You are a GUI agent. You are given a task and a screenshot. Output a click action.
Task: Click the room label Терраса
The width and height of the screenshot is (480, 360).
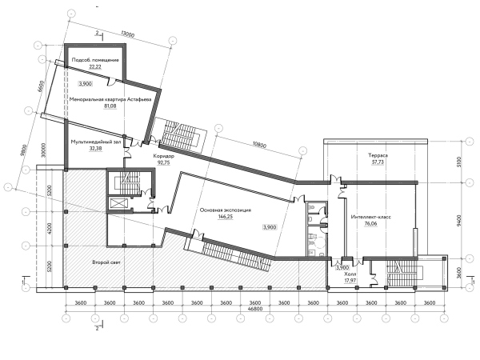pos(378,155)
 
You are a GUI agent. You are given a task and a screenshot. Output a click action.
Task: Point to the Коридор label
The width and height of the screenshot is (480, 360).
pos(163,156)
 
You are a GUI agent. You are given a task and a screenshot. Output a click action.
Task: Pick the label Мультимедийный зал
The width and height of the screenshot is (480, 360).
pos(96,142)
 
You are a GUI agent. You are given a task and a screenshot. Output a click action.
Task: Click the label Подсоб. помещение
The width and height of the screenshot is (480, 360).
pos(95,60)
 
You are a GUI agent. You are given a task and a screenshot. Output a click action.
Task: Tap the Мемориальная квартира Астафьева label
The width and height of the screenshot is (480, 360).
pos(110,99)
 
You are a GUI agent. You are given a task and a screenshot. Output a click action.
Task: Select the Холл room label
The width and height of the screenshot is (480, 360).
pos(350,274)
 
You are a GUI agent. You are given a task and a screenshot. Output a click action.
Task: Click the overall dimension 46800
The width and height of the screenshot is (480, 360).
pos(255,309)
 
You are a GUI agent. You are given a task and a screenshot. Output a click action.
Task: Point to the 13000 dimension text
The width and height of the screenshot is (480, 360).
pos(127,34)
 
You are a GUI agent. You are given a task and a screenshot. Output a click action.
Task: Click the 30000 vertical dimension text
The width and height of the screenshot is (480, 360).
pos(43,150)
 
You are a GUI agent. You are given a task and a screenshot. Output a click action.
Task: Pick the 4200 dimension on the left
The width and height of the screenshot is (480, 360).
pos(50,228)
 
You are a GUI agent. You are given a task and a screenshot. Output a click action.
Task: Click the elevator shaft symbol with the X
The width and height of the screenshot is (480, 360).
pos(118,203)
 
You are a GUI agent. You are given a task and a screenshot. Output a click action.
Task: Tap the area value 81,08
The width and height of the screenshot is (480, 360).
pos(110,106)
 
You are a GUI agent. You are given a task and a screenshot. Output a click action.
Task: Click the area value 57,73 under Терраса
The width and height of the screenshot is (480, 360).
pos(378,162)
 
